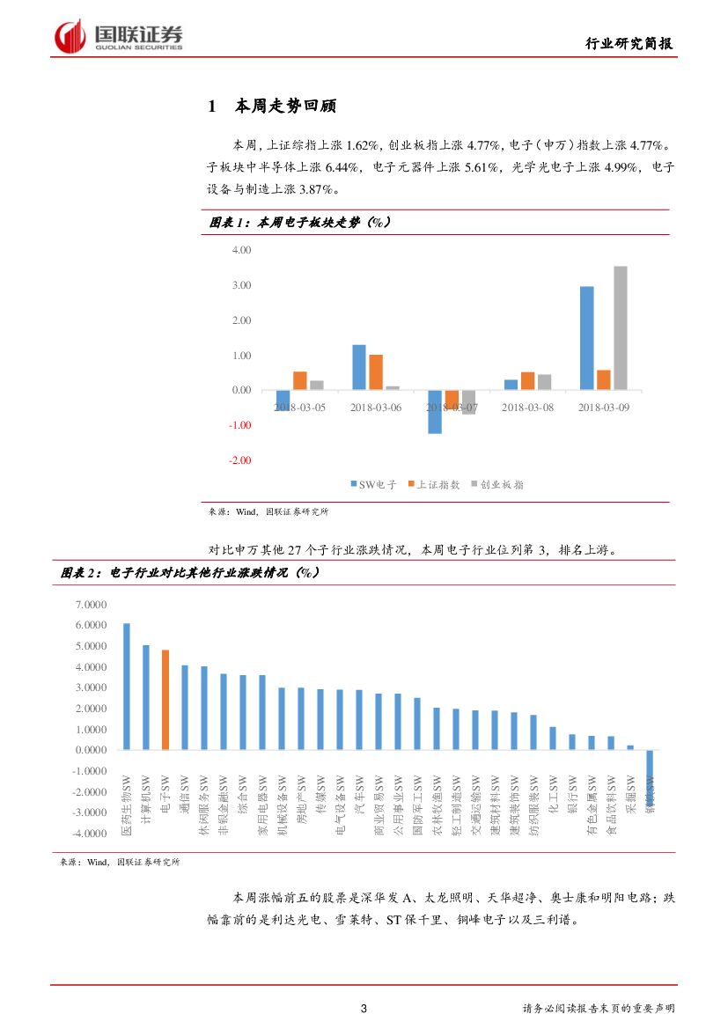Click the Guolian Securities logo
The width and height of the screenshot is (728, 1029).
click(x=119, y=37)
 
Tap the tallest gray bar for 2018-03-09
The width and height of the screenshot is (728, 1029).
click(x=621, y=327)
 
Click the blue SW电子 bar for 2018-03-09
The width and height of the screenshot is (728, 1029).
click(x=586, y=338)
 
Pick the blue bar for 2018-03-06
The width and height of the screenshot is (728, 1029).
click(x=359, y=367)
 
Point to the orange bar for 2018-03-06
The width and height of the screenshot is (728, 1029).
click(x=376, y=372)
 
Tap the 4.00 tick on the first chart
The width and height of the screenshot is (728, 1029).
click(x=240, y=250)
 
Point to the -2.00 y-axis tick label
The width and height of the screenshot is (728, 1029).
click(x=239, y=460)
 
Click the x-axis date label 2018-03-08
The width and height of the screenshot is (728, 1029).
click(x=527, y=408)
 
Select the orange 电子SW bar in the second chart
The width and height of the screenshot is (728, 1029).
click(x=165, y=700)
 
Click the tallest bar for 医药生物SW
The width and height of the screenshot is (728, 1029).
click(x=127, y=687)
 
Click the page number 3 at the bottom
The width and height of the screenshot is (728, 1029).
click(x=364, y=1008)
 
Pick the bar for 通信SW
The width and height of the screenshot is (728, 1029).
click(x=185, y=707)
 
